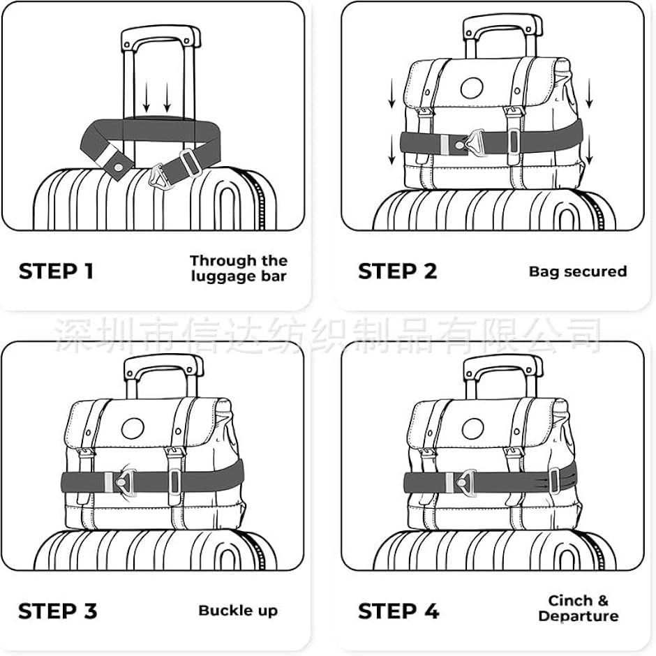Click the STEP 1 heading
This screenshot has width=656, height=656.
point(56,271)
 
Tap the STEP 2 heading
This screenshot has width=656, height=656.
point(398,271)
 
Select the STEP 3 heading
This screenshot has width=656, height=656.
point(58,611)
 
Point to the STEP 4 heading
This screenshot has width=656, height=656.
point(398,611)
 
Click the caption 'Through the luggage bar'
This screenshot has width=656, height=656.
point(239,269)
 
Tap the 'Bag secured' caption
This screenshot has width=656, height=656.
point(578,271)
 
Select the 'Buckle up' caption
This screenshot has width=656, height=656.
point(238,611)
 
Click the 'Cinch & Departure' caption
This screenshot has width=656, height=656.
point(578,609)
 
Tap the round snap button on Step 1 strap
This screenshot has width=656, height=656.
point(119,167)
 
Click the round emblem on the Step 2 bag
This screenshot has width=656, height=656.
point(472,88)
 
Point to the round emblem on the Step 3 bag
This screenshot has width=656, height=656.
point(133,428)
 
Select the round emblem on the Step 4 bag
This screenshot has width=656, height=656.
point(474,428)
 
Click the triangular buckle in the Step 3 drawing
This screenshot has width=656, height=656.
point(124,482)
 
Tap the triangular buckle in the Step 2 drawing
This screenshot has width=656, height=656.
point(472,142)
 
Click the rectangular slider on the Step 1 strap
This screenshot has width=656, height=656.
point(191,163)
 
